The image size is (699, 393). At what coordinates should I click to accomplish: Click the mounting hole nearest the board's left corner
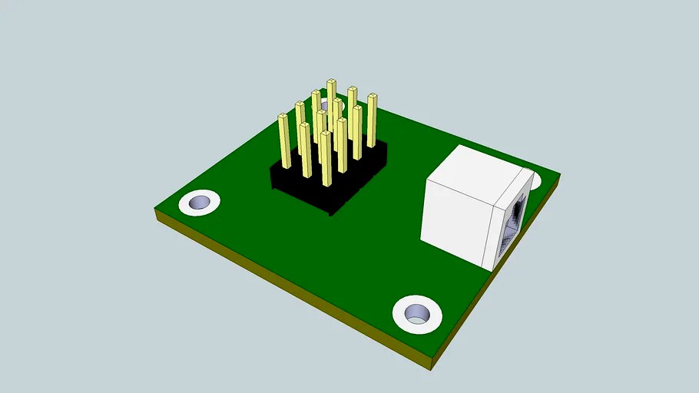200,203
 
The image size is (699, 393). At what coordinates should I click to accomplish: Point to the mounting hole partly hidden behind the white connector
535,180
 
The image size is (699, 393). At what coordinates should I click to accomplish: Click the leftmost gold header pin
283,142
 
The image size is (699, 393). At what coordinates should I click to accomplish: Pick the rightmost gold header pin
372,121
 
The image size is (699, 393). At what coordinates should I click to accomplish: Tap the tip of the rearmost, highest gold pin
331,82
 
